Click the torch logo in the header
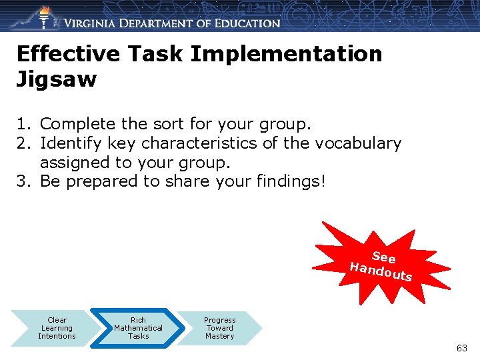(45, 16)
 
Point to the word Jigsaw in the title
(57, 80)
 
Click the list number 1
(24, 124)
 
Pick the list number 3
(25, 181)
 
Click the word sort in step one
(172, 124)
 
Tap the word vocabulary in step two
(358, 143)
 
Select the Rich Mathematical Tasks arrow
(138, 328)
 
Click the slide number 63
(462, 348)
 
